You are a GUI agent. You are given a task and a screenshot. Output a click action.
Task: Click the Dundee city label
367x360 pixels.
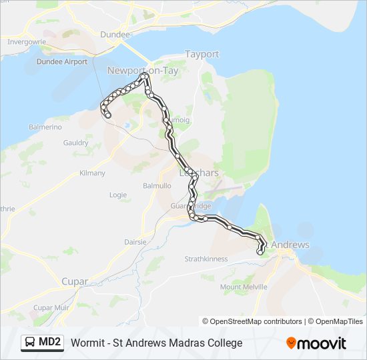point(115,34)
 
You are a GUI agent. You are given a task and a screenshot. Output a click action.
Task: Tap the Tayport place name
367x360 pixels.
point(202,54)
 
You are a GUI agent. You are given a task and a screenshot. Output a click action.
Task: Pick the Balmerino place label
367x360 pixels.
point(45,127)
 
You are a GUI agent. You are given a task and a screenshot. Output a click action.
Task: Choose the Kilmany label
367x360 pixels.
point(92,173)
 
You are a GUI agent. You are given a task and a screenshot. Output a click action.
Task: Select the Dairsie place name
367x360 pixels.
point(135,242)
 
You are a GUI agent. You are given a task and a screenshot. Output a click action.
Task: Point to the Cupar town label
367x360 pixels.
point(75,281)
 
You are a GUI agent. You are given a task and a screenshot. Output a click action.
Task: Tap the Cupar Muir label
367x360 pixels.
point(52,307)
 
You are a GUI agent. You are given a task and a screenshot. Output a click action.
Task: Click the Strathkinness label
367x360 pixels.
point(206,259)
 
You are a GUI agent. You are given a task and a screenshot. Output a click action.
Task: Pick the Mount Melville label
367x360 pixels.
point(244,287)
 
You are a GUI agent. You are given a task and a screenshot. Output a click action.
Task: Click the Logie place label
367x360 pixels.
point(117,195)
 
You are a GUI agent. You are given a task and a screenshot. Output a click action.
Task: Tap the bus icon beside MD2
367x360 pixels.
point(30,343)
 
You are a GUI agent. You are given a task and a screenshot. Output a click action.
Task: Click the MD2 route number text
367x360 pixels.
point(51,343)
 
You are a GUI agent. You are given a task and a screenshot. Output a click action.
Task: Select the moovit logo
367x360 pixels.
point(316,343)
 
